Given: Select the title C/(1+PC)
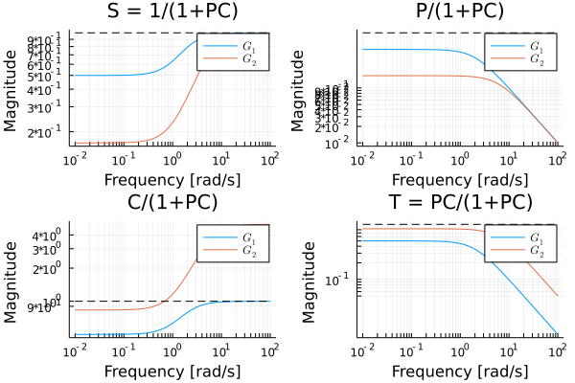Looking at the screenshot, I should pos(172,202).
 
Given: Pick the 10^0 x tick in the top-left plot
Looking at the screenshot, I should pos(172,158).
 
